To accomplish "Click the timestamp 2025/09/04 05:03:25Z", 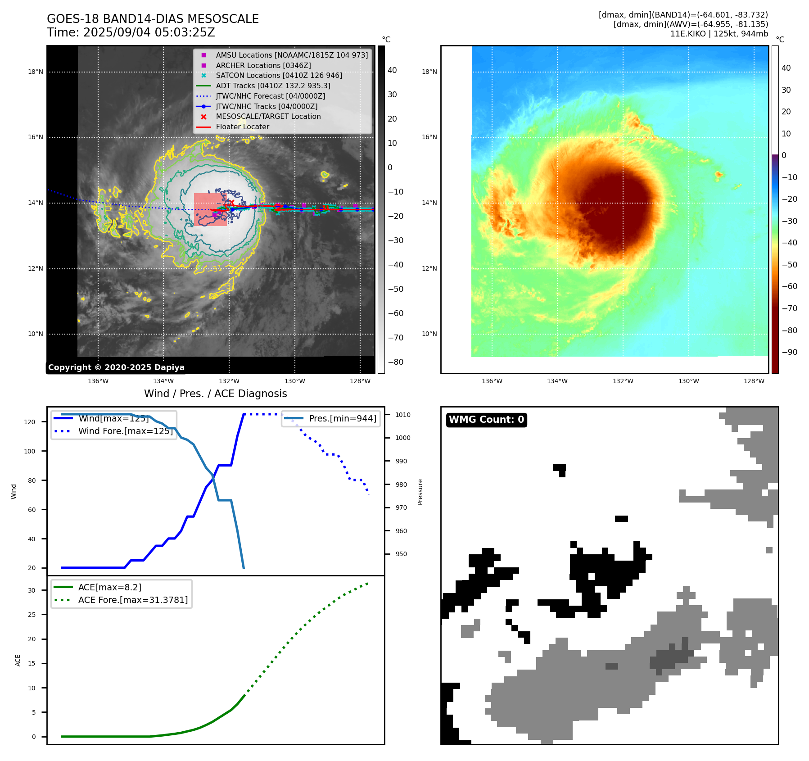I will pos(149,33).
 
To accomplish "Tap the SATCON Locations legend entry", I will pos(279,76).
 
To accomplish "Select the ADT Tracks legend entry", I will pos(273,86).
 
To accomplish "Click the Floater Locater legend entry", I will pos(242,127).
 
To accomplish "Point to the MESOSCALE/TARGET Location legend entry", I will pos(268,117).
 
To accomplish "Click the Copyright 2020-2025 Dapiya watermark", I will pos(116,367).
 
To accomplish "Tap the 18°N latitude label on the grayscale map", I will pos(36,72).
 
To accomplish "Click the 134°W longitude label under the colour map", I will pos(557,381).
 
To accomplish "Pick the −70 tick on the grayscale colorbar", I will pos(396,338).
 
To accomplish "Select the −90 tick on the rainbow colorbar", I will pos(789,352).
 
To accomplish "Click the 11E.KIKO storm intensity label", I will pos(719,34).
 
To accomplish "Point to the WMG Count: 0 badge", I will pos(486,420).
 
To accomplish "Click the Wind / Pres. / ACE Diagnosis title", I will pos(215,394).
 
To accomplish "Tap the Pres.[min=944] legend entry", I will pos(342,418).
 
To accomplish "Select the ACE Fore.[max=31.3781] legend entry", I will pos(133,600).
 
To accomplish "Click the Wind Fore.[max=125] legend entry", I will pos(126,431).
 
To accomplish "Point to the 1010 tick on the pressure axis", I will pos(403,415).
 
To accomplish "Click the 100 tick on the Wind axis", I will pos(30,451).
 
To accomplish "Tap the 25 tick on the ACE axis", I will pos(32,615).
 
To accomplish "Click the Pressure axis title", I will pos(420,492).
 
